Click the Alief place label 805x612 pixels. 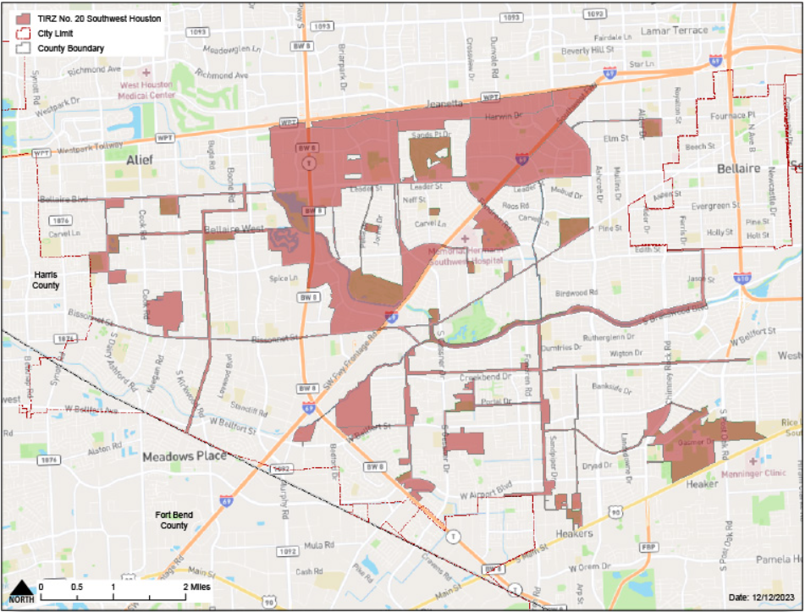(141, 159)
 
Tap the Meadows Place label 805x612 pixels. (185, 456)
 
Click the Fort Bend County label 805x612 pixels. (174, 520)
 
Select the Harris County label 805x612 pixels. (47, 280)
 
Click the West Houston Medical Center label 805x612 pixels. (147, 91)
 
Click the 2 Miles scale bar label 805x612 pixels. (196, 587)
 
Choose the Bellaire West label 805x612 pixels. (234, 229)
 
